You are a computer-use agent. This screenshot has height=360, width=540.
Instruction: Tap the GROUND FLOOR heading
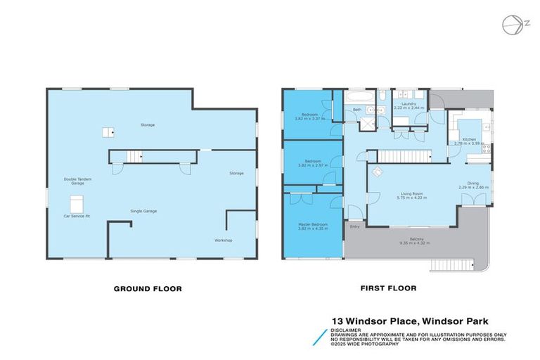148,288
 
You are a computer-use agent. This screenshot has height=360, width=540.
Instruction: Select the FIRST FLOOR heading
388,288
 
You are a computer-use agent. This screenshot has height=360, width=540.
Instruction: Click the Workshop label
223,240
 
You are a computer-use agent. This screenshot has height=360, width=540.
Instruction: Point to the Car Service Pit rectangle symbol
77,204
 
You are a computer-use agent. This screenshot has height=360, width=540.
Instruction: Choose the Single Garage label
143,211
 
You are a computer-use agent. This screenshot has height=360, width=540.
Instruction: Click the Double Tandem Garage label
77,181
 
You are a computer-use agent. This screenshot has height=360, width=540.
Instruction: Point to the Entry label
354,226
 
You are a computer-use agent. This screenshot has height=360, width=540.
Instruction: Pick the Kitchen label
469,139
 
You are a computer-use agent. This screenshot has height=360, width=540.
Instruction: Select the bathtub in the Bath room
356,100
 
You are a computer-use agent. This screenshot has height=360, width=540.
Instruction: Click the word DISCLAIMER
347,329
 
